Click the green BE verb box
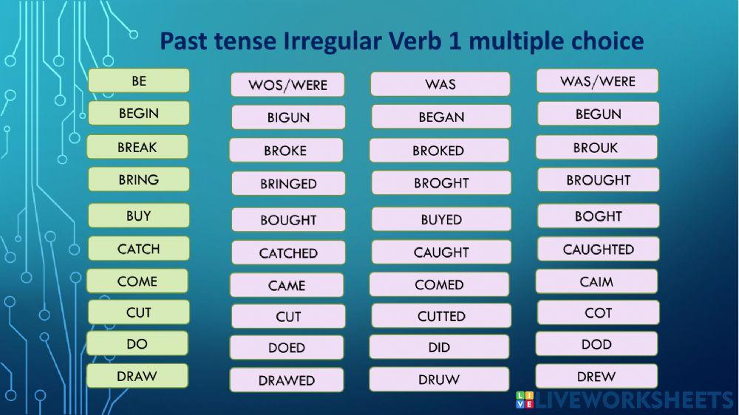coord(138,80)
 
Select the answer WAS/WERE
coord(597,81)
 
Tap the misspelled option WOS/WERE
coord(287,84)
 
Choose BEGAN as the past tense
coord(440,117)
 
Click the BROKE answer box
coord(285,150)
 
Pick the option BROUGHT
coord(598,180)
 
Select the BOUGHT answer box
coord(287,219)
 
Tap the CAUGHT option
coord(440,252)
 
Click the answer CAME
coord(286,285)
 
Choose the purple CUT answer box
coord(287,316)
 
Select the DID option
coord(439,347)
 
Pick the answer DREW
coord(596,377)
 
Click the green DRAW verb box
coord(137,376)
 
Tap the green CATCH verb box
coord(138,249)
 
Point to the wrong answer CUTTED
coord(440,316)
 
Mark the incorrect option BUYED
coord(440,219)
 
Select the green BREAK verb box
coord(137,147)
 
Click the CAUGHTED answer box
coord(598,250)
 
